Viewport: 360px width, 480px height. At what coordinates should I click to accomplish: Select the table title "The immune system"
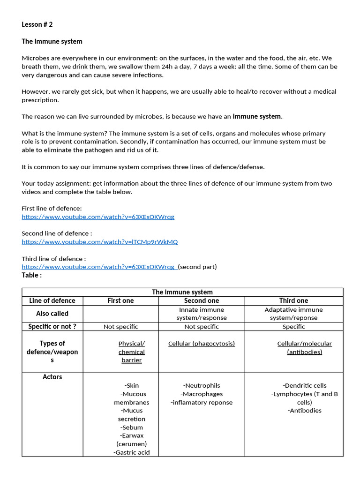[182, 292]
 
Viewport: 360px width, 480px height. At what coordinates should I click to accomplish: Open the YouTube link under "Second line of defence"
[100, 242]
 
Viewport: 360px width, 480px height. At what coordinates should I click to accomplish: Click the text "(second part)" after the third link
[197, 267]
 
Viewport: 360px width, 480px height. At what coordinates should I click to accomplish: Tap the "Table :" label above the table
[31, 275]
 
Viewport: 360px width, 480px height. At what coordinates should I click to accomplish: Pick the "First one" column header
[120, 300]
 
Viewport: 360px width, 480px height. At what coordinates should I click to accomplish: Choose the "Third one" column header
[293, 300]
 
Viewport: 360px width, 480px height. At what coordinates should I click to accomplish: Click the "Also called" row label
[52, 313]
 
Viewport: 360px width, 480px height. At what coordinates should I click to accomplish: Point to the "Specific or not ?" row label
[52, 326]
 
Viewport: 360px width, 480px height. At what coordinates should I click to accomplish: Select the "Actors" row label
[52, 377]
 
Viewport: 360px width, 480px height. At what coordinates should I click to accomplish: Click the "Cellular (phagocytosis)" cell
[202, 344]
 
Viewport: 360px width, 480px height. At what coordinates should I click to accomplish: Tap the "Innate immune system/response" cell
[202, 314]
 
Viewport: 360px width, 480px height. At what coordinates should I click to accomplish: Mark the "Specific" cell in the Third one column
[293, 327]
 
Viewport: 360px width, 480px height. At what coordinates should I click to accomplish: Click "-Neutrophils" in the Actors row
[202, 385]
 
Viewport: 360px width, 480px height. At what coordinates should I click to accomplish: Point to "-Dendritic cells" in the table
[305, 385]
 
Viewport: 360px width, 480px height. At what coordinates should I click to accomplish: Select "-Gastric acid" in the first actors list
[131, 452]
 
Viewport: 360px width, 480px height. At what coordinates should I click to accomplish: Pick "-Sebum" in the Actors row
[131, 427]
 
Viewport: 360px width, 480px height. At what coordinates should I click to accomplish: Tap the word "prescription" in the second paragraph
[40, 100]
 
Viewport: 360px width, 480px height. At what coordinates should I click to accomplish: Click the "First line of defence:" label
[52, 208]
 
